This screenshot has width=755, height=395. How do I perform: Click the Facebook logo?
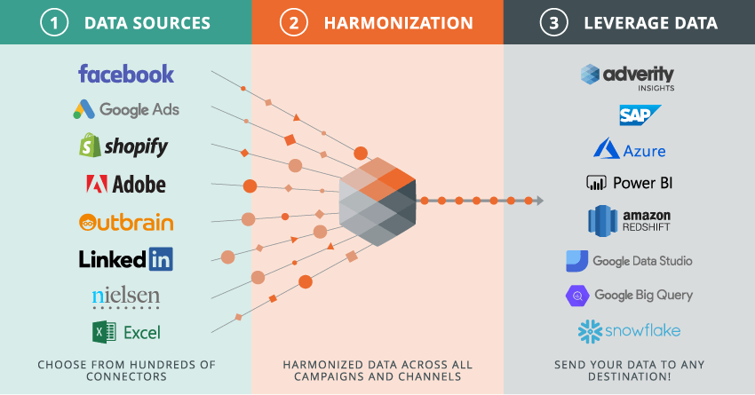(126, 74)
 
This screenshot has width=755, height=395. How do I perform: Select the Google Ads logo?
(126, 110)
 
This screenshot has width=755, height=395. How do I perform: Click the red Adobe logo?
(126, 184)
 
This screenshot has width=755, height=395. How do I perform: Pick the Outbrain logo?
(126, 222)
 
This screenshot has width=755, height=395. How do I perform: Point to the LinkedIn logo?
(126, 259)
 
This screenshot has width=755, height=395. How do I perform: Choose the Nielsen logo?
(126, 296)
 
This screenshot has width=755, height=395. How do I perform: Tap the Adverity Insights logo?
(627, 76)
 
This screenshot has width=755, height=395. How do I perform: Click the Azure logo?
(629, 148)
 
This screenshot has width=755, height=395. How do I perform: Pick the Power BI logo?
(629, 184)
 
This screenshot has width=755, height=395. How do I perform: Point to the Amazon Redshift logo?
(629, 221)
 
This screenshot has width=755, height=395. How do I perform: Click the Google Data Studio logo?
(629, 261)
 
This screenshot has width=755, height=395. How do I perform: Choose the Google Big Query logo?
(629, 296)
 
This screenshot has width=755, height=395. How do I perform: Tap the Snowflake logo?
(629, 332)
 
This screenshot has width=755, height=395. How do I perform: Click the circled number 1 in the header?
(54, 23)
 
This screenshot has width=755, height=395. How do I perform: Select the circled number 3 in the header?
(556, 23)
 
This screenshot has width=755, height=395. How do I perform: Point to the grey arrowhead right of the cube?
(538, 201)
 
